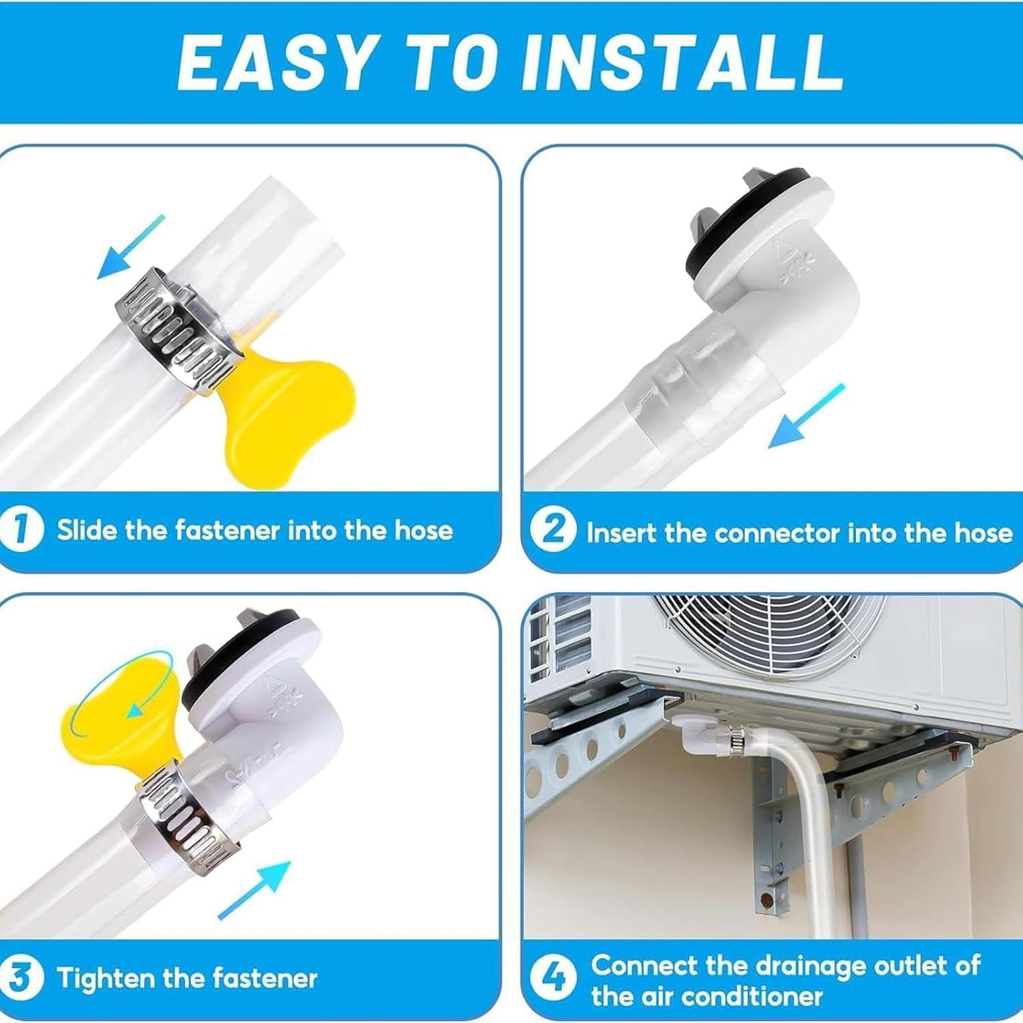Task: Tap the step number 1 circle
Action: pyautogui.click(x=21, y=529)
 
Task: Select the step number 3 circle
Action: pyautogui.click(x=21, y=977)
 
